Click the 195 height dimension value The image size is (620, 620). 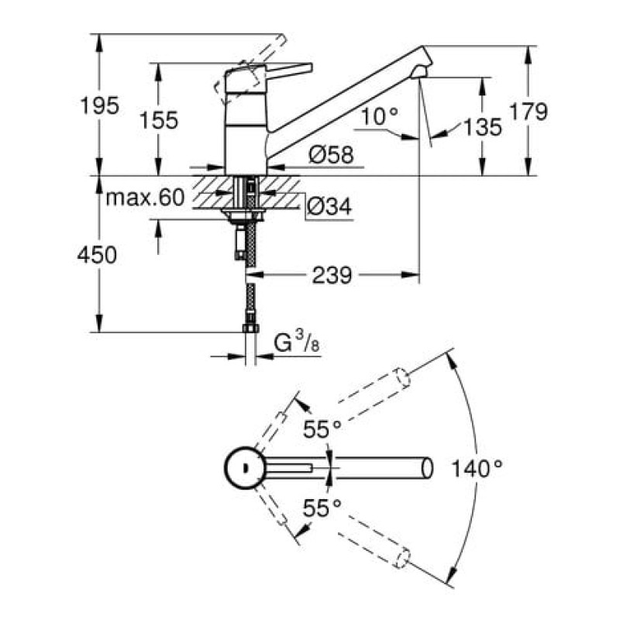tap(99, 106)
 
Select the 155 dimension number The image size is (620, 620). tap(159, 120)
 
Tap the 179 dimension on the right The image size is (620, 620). tap(529, 112)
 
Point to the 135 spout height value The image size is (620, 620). tap(482, 127)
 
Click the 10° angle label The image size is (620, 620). tap(380, 116)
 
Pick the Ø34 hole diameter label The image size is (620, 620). tap(329, 205)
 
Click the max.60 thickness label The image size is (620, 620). tap(146, 198)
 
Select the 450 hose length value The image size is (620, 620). tap(97, 255)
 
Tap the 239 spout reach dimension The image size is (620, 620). tap(332, 275)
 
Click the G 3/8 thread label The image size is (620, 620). tap(297, 343)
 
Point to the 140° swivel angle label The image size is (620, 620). tap(477, 469)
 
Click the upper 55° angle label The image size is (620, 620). tap(322, 429)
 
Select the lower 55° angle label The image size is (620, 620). tap(322, 508)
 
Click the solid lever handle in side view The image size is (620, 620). tap(289, 70)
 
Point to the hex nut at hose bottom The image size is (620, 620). tap(250, 328)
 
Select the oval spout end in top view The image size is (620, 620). tap(428, 469)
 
